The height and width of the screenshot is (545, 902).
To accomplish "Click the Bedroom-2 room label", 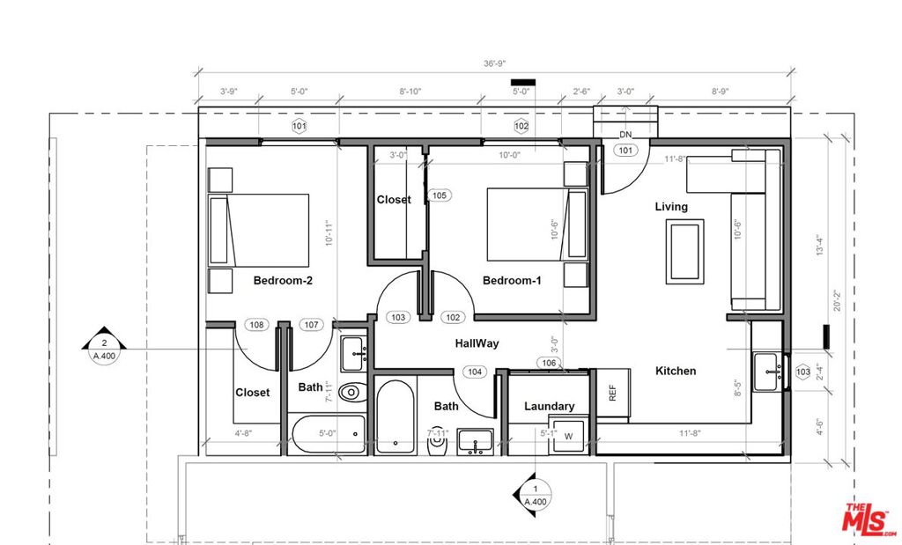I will pyautogui.click(x=284, y=281).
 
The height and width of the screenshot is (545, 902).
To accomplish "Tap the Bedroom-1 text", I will pyautogui.click(x=511, y=281).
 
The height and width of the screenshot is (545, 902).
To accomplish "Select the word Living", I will pyautogui.click(x=671, y=207).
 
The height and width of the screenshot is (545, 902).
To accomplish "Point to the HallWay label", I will pyautogui.click(x=477, y=343).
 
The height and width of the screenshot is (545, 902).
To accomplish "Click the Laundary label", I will pyautogui.click(x=549, y=406).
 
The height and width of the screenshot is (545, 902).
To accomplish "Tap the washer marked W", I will pyautogui.click(x=568, y=436).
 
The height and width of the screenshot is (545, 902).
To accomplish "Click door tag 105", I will pyautogui.click(x=439, y=195).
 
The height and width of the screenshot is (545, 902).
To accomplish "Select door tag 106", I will pyautogui.click(x=549, y=363).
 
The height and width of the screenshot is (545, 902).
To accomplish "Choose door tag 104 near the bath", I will pyautogui.click(x=476, y=372).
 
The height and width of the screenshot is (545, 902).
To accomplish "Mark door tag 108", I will pyautogui.click(x=256, y=325).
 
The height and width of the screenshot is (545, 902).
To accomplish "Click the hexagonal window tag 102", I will pyautogui.click(x=521, y=126).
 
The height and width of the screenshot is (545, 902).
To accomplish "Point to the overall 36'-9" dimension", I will pyautogui.click(x=494, y=63).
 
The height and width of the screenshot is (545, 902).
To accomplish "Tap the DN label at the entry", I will pyautogui.click(x=625, y=135).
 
